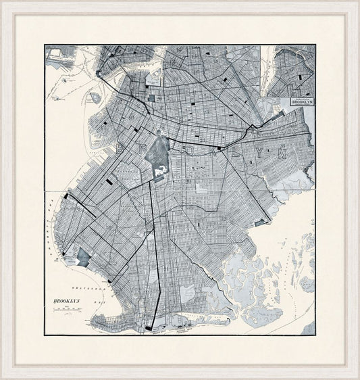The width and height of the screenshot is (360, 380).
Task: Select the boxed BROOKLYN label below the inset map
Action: tap(301, 101)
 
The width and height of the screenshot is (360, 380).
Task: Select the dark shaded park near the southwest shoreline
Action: tap(84, 256)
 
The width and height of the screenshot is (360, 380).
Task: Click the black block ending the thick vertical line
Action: tap(149, 328)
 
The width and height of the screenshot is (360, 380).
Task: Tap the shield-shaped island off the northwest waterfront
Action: tap(95, 98)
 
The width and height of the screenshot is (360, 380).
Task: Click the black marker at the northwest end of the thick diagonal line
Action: tap(66, 196)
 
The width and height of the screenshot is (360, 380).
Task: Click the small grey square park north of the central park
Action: tap(151, 98)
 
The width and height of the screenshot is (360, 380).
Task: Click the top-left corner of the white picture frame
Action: tap(3, 3)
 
